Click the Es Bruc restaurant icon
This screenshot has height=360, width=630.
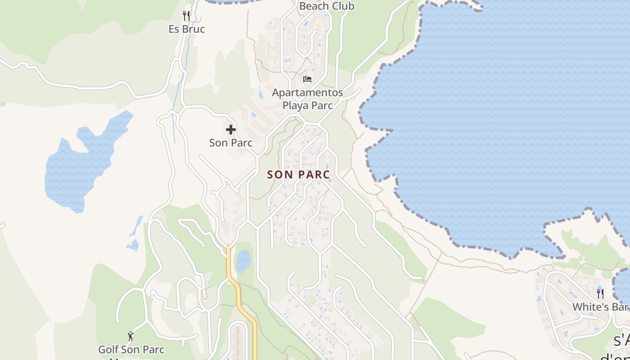pyautogui.click(x=186, y=16)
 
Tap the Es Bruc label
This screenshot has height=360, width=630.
pyautogui.click(x=187, y=29)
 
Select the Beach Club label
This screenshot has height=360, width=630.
pyautogui.click(x=326, y=6)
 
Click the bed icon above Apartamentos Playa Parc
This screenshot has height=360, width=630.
pyautogui.click(x=307, y=79)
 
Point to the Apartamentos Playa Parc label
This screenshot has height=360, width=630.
pyautogui.click(x=307, y=99)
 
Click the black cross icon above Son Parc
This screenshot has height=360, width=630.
pyautogui.click(x=231, y=130)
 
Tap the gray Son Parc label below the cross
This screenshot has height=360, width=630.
pyautogui.click(x=231, y=143)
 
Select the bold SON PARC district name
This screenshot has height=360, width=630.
pyautogui.click(x=299, y=175)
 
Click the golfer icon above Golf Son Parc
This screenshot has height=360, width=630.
pyautogui.click(x=131, y=336)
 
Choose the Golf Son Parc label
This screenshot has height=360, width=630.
pyautogui.click(x=131, y=349)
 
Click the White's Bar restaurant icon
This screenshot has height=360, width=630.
pyautogui.click(x=600, y=294)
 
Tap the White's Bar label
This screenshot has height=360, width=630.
pyautogui.click(x=600, y=307)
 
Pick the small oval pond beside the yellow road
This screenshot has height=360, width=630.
pyautogui.click(x=243, y=261)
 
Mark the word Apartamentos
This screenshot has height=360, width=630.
pyautogui.click(x=307, y=93)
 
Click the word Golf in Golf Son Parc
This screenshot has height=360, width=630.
pyautogui.click(x=108, y=349)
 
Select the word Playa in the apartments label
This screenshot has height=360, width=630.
pyautogui.click(x=295, y=105)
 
